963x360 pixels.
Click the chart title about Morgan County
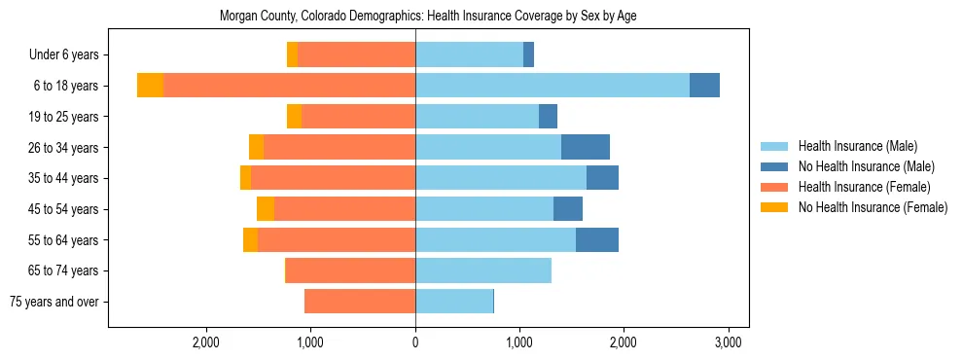(428, 17)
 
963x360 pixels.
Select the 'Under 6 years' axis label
(70, 54)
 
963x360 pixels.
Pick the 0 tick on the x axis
(415, 342)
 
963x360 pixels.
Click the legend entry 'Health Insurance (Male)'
(857, 146)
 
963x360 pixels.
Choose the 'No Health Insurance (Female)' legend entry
(873, 207)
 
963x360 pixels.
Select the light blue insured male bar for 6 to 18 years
(553, 86)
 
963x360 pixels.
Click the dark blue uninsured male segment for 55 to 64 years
(597, 239)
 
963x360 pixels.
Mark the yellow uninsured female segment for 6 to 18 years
(150, 86)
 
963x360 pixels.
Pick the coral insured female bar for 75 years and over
(360, 302)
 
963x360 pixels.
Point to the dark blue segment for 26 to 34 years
(586, 147)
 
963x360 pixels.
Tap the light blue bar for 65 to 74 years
(483, 270)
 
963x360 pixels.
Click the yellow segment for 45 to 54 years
(266, 209)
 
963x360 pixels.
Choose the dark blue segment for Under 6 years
(528, 54)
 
